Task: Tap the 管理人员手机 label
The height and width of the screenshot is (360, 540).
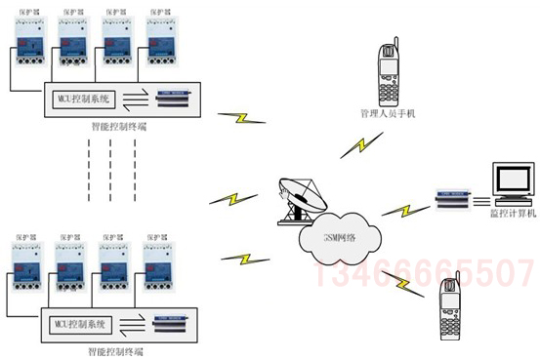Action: [x=388, y=114]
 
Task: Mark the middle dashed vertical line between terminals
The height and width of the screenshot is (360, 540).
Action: [x=110, y=161]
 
